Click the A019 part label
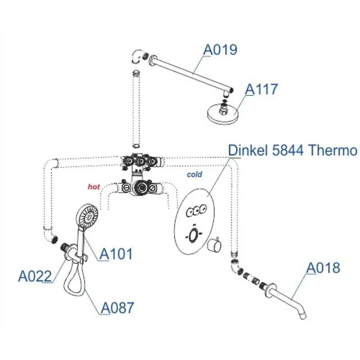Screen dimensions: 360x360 tap(220, 49)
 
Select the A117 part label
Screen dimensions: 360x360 tap(261, 89)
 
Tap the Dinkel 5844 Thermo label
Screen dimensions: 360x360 tap(293, 150)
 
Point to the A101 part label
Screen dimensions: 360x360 tap(116, 254)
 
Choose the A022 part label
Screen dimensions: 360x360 tap(35, 275)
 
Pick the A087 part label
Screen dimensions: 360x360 tap(117, 308)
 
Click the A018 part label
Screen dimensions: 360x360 tap(323, 268)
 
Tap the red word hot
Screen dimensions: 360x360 tap(93, 185)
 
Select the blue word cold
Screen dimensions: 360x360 tap(194, 174)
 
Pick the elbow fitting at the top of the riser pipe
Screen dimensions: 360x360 tap(137, 58)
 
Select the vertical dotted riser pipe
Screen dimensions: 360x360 tap(136, 108)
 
